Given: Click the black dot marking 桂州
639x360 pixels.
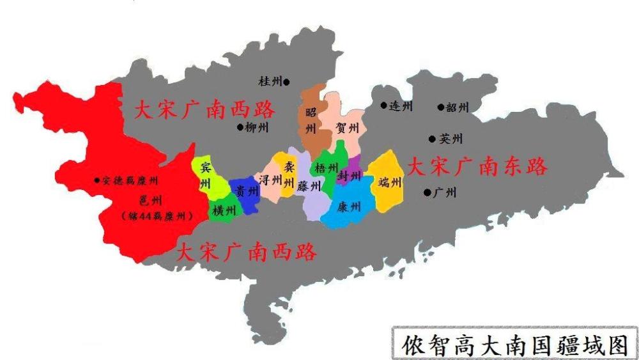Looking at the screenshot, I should point(286,82).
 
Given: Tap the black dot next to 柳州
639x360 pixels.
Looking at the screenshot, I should point(241,127).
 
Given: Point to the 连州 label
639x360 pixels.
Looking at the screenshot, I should point(401,106).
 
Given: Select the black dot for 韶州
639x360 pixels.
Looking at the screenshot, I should point(440,107).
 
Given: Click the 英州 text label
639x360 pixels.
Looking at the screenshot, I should point(450,139).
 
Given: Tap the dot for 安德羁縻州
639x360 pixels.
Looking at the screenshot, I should point(96,181).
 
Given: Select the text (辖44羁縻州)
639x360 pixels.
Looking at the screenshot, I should point(157,216).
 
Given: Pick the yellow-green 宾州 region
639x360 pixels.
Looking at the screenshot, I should point(206,176).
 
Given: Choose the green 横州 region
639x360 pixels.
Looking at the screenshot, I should point(224,210).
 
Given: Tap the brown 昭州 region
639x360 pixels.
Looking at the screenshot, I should point(311,121).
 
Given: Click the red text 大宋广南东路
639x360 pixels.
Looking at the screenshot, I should point(478,167).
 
